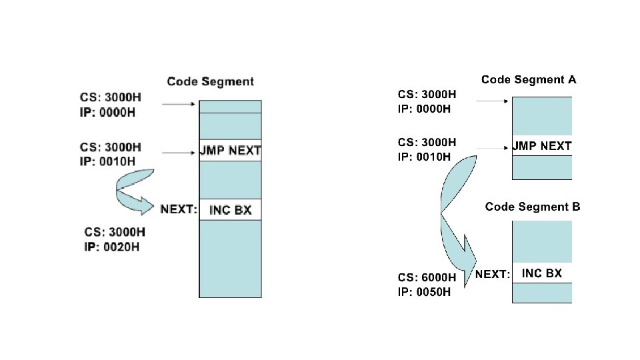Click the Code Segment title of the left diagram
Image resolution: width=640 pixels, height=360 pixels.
(210, 81)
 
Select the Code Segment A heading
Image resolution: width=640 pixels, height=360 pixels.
(529, 80)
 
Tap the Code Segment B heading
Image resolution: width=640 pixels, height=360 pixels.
(533, 207)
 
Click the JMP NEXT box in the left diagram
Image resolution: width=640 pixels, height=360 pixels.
(230, 150)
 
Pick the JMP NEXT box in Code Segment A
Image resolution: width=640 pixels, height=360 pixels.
(542, 146)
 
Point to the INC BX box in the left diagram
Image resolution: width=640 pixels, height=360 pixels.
(230, 209)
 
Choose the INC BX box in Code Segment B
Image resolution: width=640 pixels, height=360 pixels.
(541, 273)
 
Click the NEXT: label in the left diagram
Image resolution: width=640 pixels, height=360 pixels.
(179, 209)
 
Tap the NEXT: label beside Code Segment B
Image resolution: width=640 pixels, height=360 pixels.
(493, 274)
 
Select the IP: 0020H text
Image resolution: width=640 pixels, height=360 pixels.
(112, 247)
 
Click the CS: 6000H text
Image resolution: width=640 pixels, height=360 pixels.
(427, 277)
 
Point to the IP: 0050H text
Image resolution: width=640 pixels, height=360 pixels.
(425, 292)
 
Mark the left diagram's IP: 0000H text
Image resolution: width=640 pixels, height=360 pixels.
(107, 112)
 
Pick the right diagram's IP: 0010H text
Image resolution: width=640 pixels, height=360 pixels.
(424, 157)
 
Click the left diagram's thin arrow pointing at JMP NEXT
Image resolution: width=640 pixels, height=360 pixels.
(178, 153)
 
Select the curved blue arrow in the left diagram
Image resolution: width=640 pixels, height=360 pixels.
(134, 191)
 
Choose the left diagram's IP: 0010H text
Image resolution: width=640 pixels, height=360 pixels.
(107, 161)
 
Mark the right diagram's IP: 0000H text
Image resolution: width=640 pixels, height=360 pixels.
(424, 108)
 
